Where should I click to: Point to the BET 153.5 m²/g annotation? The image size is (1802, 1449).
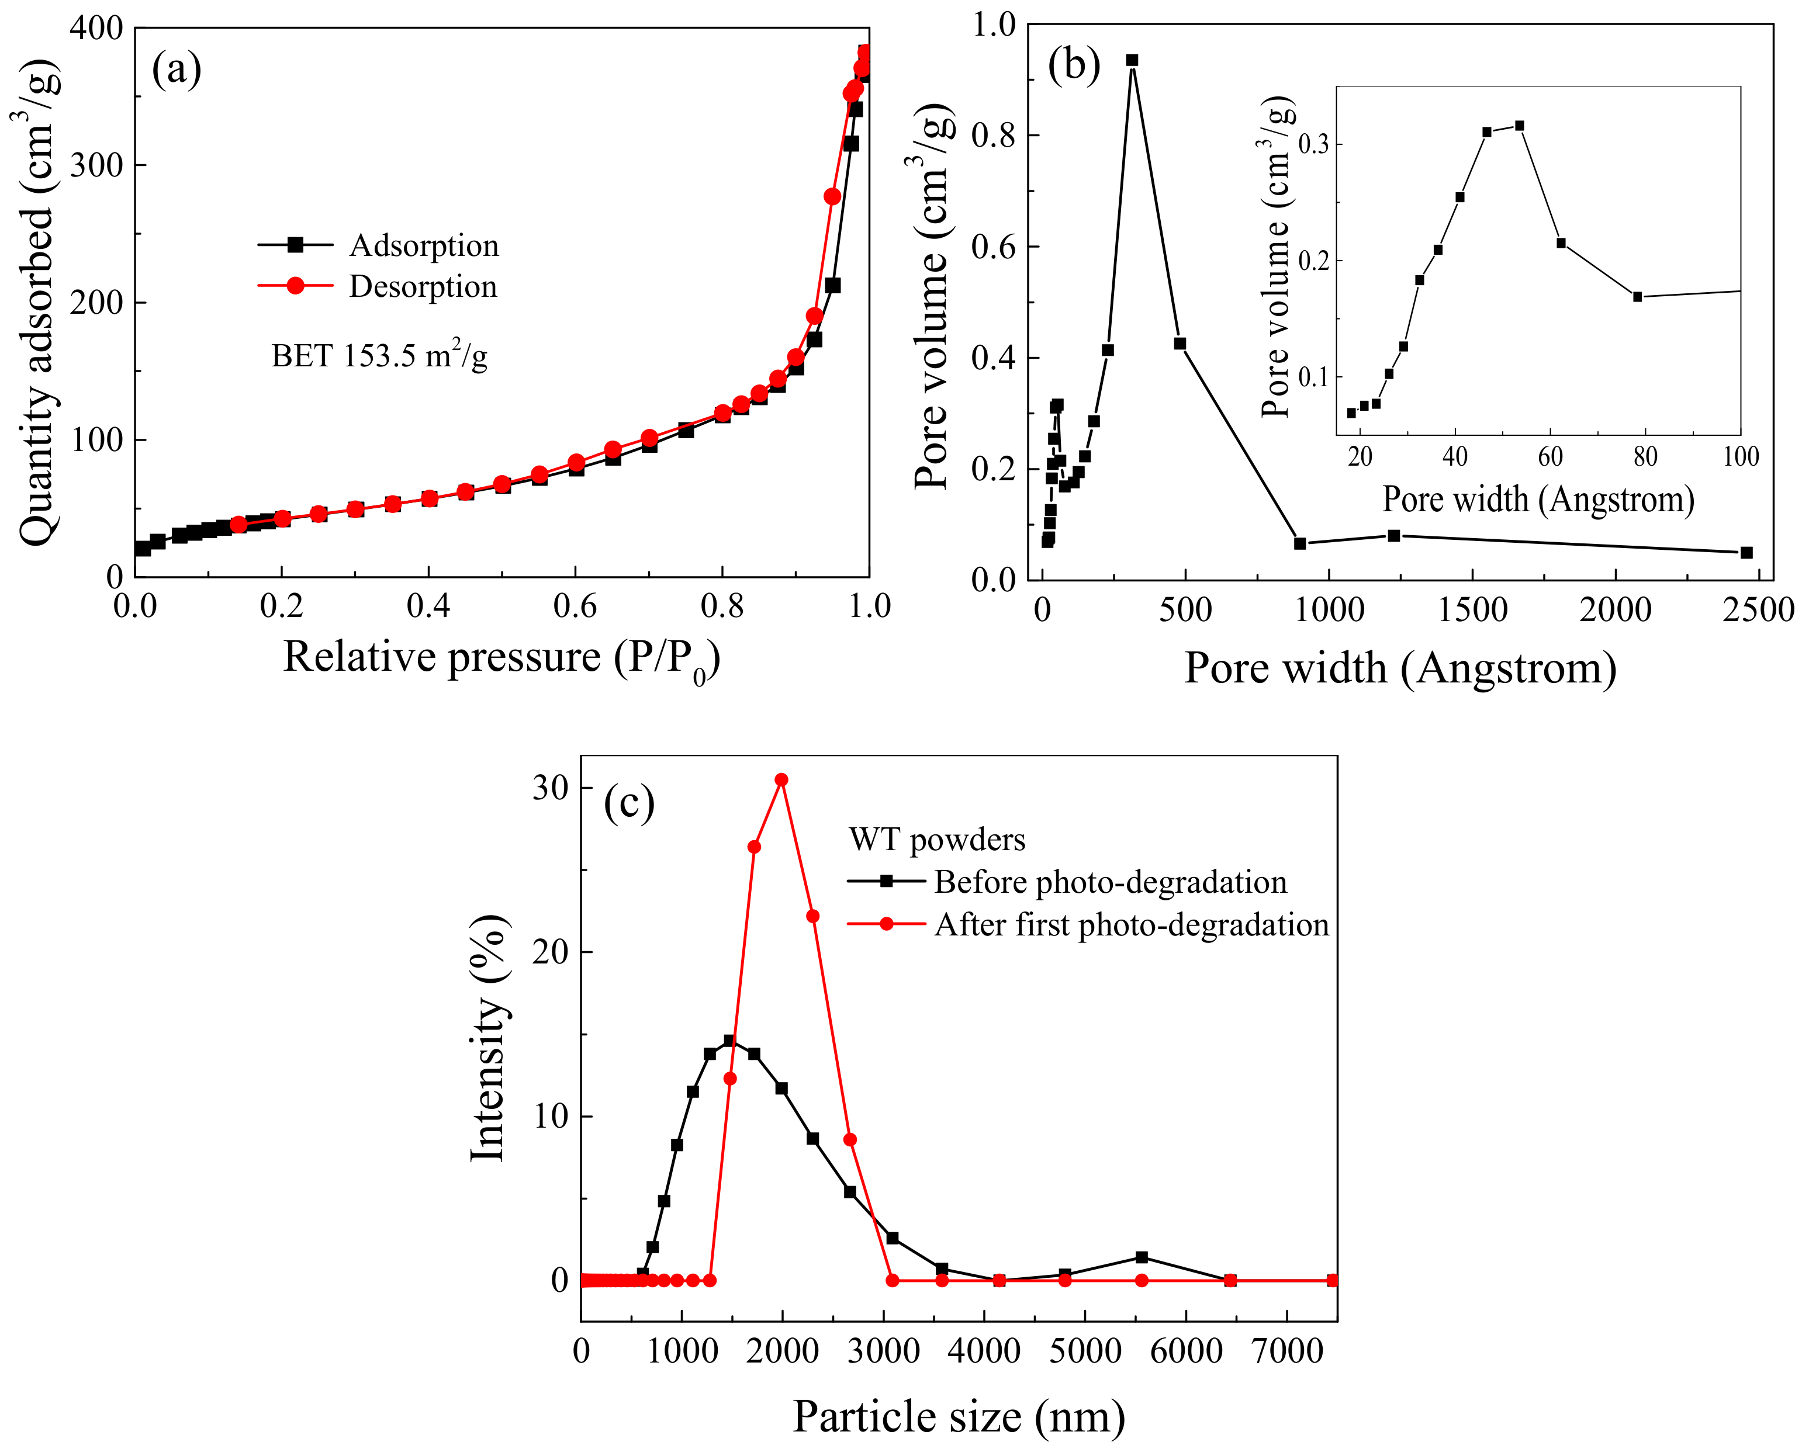[x=379, y=356]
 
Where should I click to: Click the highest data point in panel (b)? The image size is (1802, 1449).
[x=1132, y=60]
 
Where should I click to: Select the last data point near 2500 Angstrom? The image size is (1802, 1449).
[x=1746, y=552]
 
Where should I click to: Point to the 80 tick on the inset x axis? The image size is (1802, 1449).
[x=1645, y=456]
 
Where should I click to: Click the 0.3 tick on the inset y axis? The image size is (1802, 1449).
[x=1315, y=144]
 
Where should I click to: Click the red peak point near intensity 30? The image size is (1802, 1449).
[x=781, y=779]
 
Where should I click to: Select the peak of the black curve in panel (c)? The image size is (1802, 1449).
[x=729, y=1041]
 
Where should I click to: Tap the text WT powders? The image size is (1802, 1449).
[x=937, y=839]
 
